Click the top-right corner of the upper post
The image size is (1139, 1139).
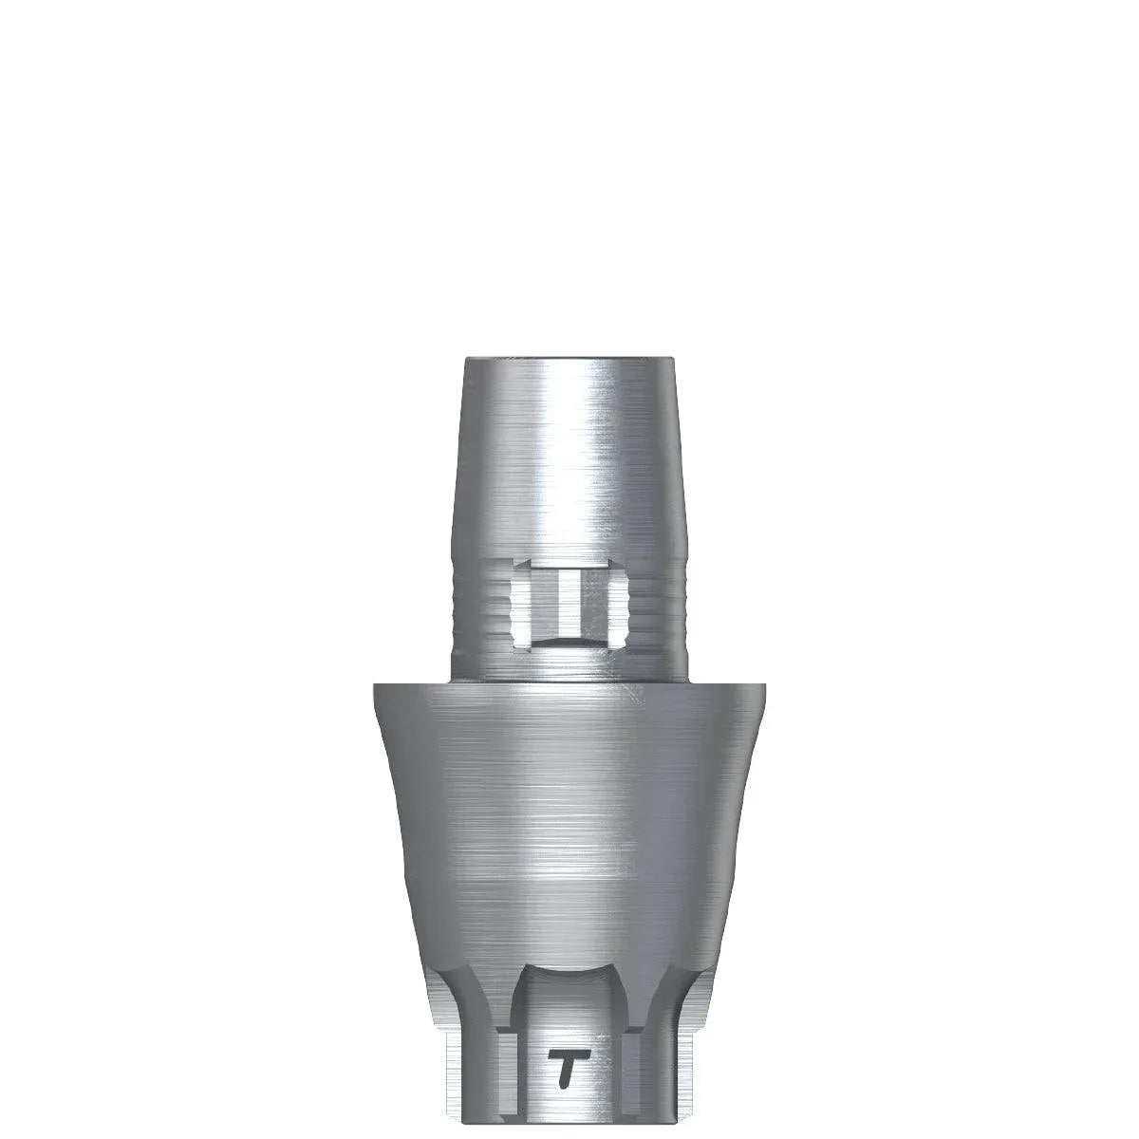[674, 361]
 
